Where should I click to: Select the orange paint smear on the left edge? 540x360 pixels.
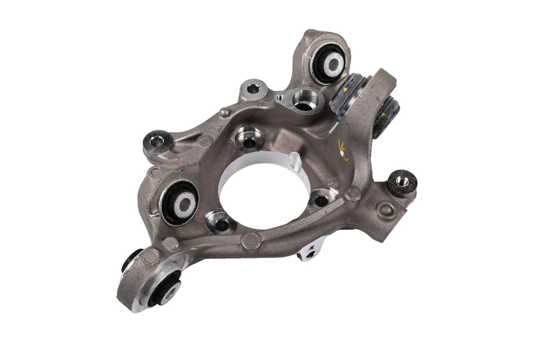(174, 164)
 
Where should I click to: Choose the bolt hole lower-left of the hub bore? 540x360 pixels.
(221, 223)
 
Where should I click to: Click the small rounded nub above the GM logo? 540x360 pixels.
(225, 113)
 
